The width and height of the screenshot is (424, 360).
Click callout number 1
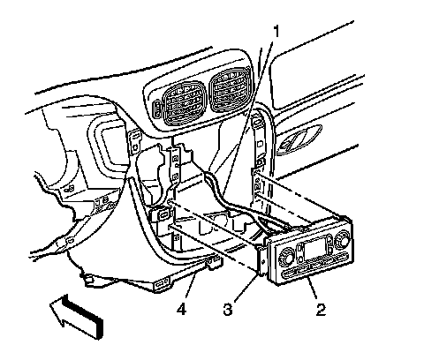276,32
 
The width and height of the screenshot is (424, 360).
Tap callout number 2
321,310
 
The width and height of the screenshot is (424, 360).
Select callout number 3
228,310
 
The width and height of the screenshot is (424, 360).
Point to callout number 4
182,310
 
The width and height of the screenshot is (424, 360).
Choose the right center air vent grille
231,90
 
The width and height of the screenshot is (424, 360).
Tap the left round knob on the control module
287,256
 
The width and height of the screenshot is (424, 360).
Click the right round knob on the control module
342,237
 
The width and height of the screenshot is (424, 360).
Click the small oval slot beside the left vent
157,109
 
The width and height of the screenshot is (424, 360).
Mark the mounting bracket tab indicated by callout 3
261,261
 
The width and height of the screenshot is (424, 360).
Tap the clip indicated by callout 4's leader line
214,262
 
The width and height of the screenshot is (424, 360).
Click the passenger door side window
315,66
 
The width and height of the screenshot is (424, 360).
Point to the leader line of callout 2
312,290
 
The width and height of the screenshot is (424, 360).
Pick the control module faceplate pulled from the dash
312,251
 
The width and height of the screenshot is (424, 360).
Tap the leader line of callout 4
190,287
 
